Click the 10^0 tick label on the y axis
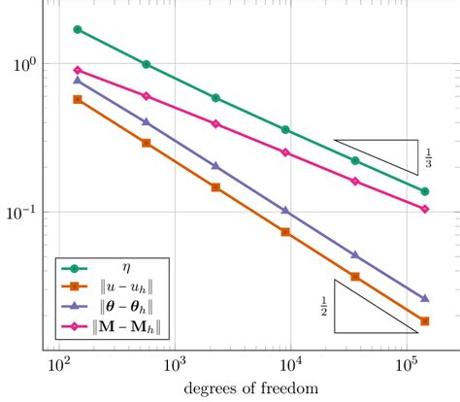[22, 64]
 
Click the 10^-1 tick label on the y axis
[20, 212]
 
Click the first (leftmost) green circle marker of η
[78, 29]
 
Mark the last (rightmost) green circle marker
[425, 191]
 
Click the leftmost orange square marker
[78, 99]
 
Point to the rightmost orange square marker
[425, 321]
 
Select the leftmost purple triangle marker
[78, 81]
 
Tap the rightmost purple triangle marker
[425, 298]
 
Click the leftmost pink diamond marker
[78, 70]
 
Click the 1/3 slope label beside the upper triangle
[428, 155]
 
